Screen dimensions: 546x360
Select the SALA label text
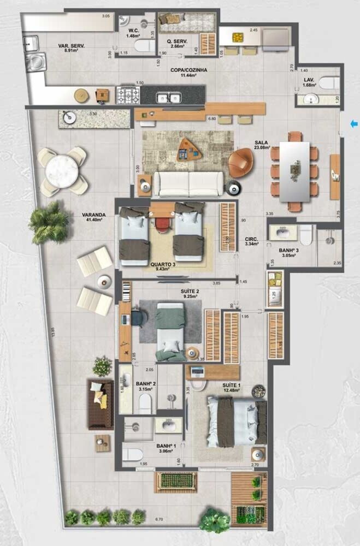tap(261, 143)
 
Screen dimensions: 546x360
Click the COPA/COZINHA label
tap(189, 70)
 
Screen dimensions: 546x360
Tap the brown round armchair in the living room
tap(241, 163)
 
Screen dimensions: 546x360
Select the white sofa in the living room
tap(187, 184)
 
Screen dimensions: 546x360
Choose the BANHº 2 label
tap(147, 384)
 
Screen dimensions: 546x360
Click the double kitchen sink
tap(168, 98)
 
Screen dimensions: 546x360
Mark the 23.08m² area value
tap(262, 148)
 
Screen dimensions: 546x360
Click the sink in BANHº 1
tap(166, 425)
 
